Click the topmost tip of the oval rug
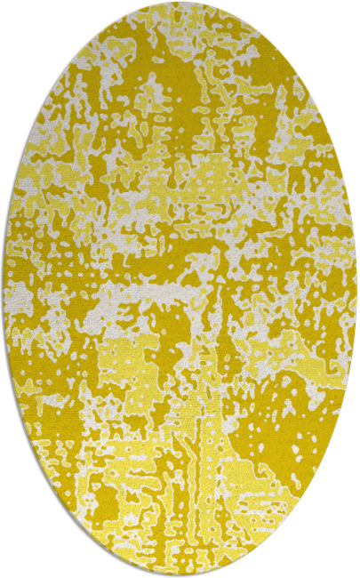180,4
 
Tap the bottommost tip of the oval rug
180,574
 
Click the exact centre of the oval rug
180,289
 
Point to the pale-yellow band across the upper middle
222,178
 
